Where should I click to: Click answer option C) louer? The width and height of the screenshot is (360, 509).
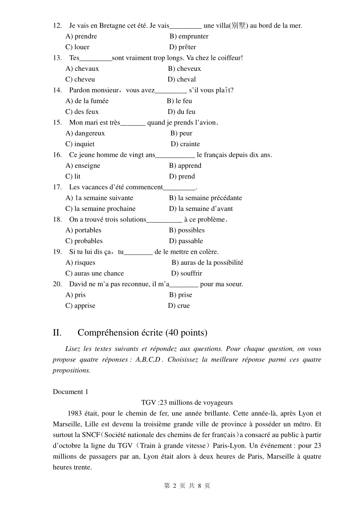pos(77,47)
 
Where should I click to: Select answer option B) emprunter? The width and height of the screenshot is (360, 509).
pos(189,36)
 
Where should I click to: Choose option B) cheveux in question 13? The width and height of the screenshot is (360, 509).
pos(185,69)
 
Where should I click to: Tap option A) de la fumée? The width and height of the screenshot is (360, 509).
pos(87,101)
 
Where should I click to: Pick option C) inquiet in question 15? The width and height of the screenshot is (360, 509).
pos(80,144)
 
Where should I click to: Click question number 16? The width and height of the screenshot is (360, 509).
pos(57,155)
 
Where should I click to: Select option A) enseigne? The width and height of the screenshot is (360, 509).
pos(83,166)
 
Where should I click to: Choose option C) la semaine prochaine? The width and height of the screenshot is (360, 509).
pos(100,209)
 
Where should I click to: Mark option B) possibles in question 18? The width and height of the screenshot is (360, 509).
pos(186,230)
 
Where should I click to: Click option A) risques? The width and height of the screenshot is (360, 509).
pos(80,262)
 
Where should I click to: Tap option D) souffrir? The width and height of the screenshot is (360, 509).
pos(186,273)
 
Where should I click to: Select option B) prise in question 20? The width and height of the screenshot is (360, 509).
pos(180,295)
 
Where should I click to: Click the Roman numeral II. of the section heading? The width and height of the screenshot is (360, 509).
pos(57,333)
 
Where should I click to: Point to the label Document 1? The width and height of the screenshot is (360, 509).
pos(70,392)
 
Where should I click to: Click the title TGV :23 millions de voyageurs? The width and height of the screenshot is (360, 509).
pos(187,403)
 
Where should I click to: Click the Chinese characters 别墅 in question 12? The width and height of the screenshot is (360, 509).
pos(238,26)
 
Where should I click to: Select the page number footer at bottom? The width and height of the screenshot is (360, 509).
pos(187,486)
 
